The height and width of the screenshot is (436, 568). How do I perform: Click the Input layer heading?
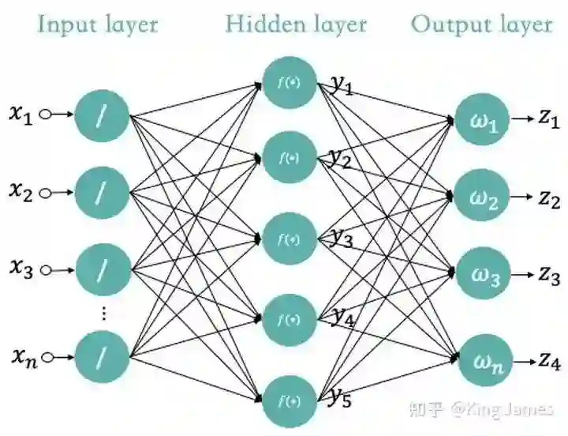[x=99, y=24]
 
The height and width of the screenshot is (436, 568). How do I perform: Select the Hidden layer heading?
[x=296, y=24]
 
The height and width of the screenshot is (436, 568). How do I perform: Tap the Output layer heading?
[x=481, y=24]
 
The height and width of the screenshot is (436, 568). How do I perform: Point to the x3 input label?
[x=22, y=269]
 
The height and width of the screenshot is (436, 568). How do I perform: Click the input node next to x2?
[x=102, y=192]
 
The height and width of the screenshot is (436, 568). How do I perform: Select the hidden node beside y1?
[x=290, y=81]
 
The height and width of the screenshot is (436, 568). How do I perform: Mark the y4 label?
[x=342, y=317]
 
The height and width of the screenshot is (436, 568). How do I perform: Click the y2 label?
[x=341, y=158]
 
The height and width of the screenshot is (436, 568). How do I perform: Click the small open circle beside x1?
[x=45, y=115]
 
